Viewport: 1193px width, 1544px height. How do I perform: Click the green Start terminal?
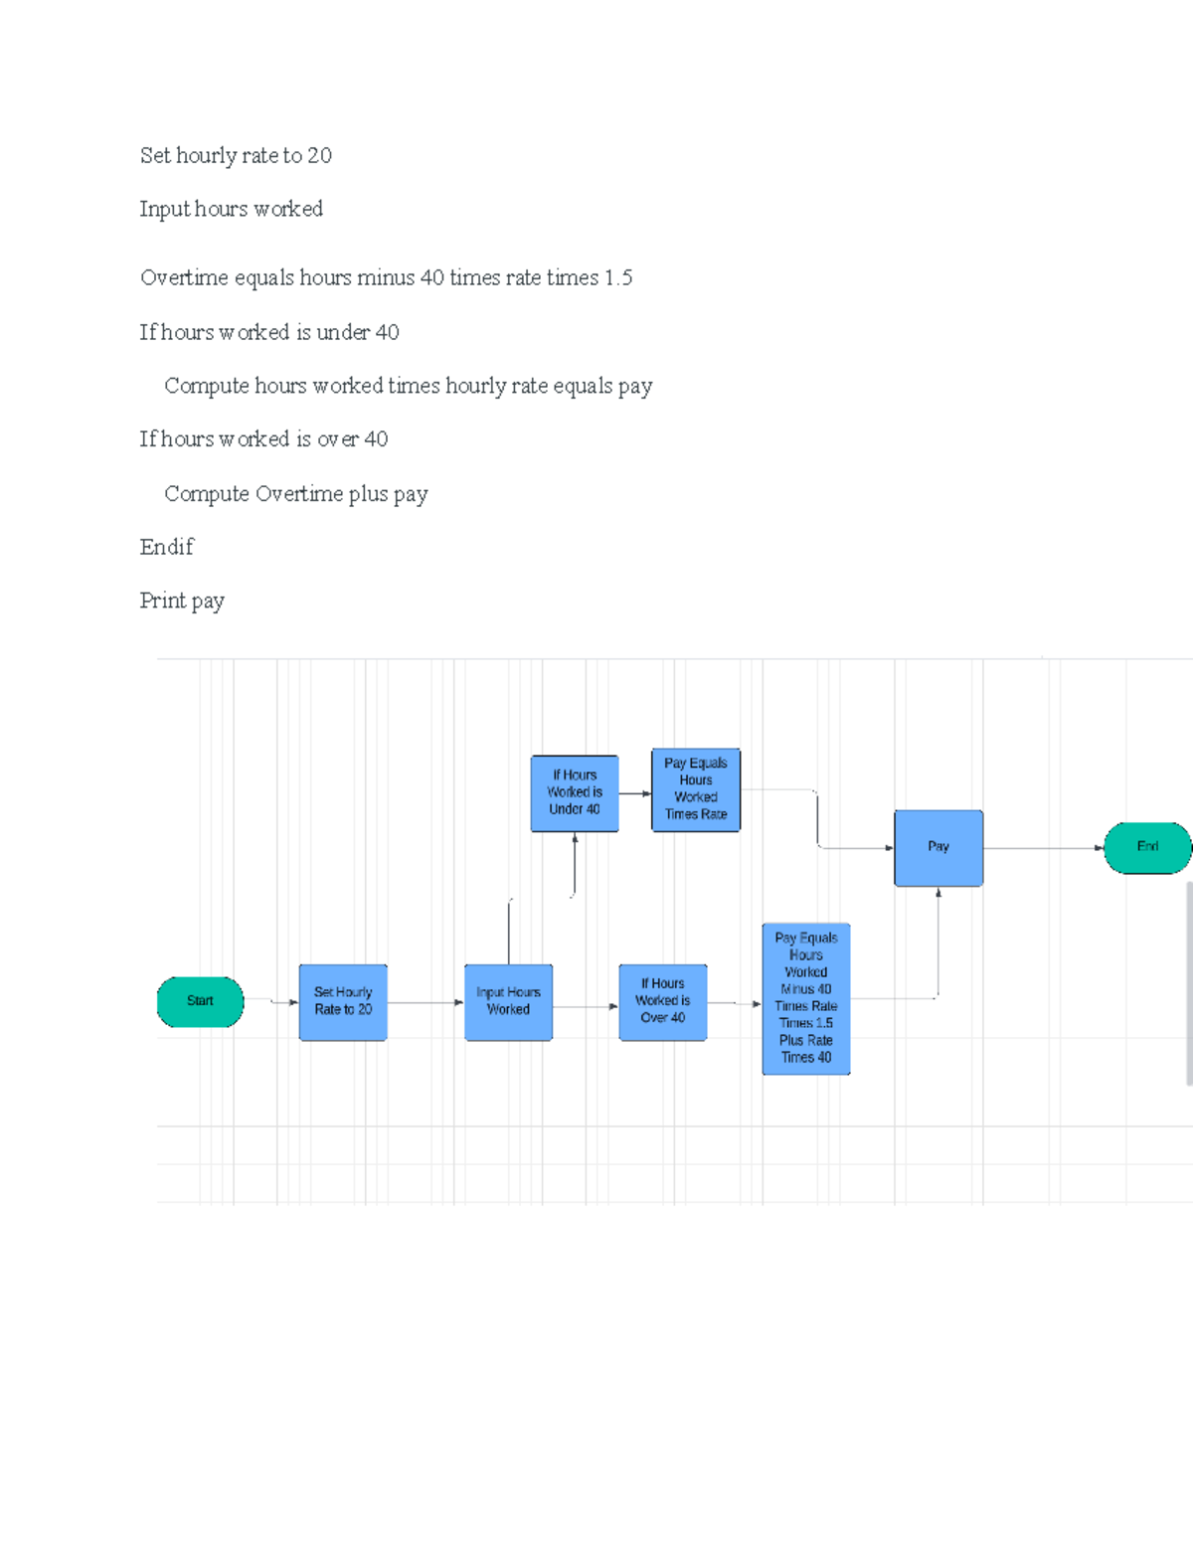point(200,1001)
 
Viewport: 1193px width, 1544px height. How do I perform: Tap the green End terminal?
point(1147,847)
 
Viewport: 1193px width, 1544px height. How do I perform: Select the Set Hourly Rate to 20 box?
point(343,1001)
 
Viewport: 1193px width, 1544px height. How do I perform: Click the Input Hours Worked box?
point(508,1001)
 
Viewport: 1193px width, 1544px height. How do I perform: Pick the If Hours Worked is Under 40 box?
point(575,792)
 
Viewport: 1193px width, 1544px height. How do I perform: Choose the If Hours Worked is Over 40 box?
point(662,1001)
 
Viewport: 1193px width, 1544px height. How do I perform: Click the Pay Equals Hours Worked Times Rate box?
point(696,789)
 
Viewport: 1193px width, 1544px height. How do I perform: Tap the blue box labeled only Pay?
point(938,847)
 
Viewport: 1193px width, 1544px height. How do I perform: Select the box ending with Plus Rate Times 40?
point(806,998)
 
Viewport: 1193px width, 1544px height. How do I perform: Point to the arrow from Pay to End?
point(1044,848)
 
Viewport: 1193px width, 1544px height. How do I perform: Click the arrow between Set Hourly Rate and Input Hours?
point(426,1002)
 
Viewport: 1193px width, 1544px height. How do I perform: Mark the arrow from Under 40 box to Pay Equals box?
point(635,793)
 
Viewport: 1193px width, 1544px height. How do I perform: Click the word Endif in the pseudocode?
point(167,547)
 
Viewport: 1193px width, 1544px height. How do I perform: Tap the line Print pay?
point(182,600)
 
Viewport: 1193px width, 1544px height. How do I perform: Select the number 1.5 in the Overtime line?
point(618,277)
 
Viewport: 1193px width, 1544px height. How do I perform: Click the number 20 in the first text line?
point(319,155)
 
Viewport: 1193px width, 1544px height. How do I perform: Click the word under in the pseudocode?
point(343,332)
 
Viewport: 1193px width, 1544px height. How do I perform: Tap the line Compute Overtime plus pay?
point(296,494)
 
